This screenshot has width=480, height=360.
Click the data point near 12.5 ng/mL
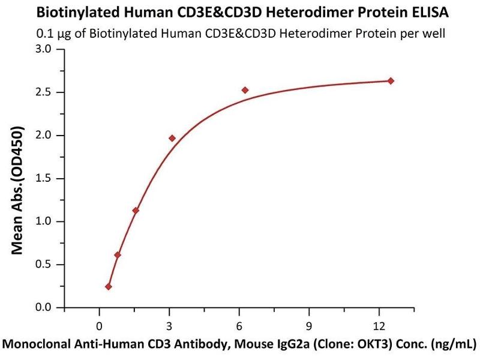pyautogui.click(x=391, y=81)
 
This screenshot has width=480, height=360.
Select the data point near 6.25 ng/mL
pyautogui.click(x=245, y=90)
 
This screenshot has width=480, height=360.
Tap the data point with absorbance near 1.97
pyautogui.click(x=172, y=138)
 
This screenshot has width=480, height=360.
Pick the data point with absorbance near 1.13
pyautogui.click(x=136, y=211)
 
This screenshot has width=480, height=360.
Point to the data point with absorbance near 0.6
pyautogui.click(x=118, y=255)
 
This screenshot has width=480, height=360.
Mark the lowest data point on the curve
pyautogui.click(x=109, y=287)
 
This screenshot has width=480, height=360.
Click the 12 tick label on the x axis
pyautogui.click(x=379, y=326)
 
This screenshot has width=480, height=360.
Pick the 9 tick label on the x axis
pyautogui.click(x=308, y=326)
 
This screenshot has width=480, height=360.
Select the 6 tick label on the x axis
pyautogui.click(x=239, y=326)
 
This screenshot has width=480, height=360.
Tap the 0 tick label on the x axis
pyautogui.click(x=99, y=326)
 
